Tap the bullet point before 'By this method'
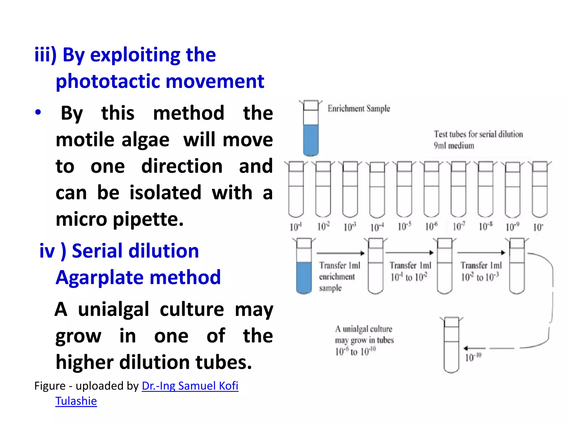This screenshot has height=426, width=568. point(38,112)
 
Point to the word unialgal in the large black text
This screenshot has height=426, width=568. point(113,309)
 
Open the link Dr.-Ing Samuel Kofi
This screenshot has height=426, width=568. point(190,386)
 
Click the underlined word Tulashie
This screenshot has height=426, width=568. point(76,401)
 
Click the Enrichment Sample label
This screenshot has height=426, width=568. point(359,108)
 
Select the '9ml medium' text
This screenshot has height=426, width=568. point(454,146)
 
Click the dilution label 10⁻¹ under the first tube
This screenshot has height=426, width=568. point(296,227)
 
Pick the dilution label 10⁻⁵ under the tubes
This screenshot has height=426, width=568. point(404,227)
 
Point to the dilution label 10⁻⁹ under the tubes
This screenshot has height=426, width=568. point(512,227)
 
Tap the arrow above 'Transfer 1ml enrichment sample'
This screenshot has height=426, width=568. point(341,253)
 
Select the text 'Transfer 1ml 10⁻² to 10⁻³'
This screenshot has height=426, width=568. point(481,271)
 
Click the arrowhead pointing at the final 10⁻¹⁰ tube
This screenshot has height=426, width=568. point(466,348)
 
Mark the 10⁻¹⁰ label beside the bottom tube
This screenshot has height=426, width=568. point(473,357)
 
